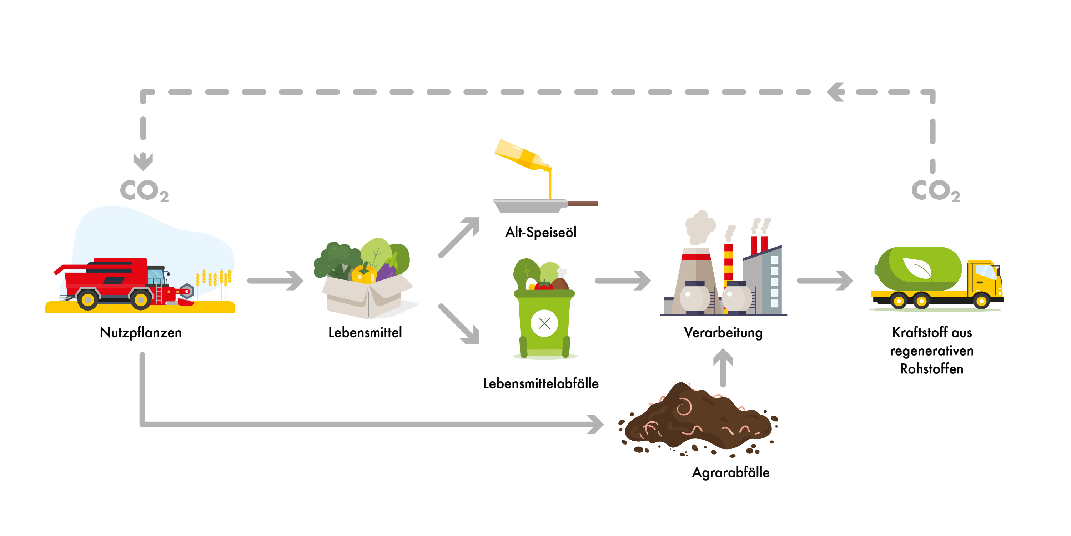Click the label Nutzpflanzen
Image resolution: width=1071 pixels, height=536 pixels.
tap(141, 333)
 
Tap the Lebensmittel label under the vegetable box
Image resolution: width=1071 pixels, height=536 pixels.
tap(365, 333)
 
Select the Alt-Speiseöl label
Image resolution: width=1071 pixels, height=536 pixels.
tap(540, 232)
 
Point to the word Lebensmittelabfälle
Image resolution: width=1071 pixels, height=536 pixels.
tap(540, 383)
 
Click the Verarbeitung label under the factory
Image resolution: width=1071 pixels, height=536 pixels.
tap(723, 333)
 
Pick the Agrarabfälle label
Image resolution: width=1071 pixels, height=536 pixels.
tap(730, 472)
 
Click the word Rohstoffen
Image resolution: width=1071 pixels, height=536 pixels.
tap(932, 369)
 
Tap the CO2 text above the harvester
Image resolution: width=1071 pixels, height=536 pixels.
tap(144, 191)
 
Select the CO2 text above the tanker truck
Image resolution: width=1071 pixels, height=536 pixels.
tap(935, 191)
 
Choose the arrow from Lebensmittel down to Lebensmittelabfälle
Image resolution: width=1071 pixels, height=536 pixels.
tap(459, 324)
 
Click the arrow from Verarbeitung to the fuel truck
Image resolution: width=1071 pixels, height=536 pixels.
tap(825, 281)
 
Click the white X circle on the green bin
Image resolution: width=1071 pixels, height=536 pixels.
tap(544, 323)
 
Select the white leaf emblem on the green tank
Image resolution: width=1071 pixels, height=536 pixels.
tap(917, 268)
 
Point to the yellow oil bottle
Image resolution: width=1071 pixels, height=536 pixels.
tap(522, 156)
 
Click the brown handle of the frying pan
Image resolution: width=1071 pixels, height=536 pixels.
tap(582, 203)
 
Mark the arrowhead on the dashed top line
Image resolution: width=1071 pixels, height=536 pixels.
tap(836, 92)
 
